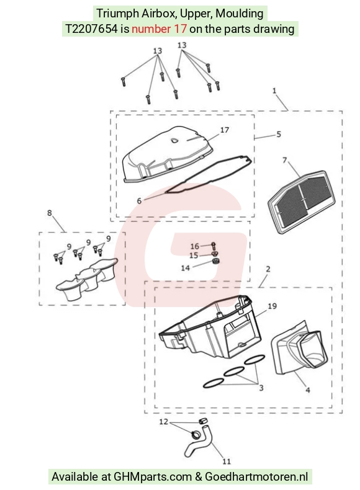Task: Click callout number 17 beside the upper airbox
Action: pos(225,130)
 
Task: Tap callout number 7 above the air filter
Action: pos(284,160)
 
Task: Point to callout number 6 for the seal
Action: pos(139,200)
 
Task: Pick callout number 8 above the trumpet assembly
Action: pos(50,213)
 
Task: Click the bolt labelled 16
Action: pos(214,246)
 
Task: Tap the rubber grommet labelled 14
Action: pos(215,261)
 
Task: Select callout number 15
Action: pos(194,256)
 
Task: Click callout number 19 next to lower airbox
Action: pos(272,306)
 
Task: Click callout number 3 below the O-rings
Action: pos(261,388)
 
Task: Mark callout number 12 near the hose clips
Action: pos(164,422)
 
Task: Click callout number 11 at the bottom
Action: pos(227,461)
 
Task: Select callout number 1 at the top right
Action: pos(274,91)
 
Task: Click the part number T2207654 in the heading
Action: pos(91,29)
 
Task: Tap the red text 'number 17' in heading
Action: pos(159,29)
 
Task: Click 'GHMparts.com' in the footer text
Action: pos(153,477)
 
